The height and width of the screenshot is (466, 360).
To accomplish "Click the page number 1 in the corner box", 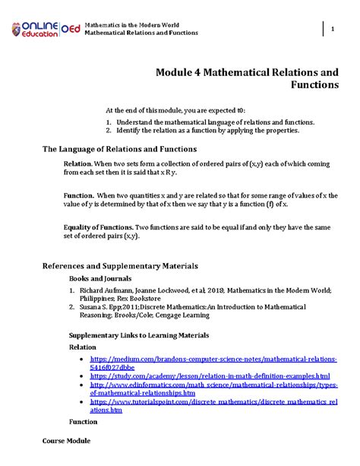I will [x=332, y=29].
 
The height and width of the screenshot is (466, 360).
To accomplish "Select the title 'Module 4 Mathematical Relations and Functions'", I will [x=247, y=78].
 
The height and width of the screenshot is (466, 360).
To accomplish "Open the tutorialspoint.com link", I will [x=213, y=404].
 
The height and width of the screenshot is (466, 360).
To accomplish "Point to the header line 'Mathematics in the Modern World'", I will [x=133, y=24].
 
